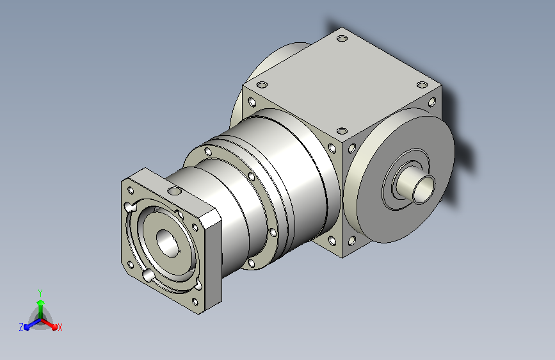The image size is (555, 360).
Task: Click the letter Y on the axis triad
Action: pos(40,293)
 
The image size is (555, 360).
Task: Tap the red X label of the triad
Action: pos(60,327)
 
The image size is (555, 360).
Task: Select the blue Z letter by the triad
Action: pos(21,327)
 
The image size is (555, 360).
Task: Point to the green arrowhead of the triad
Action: pos(41,302)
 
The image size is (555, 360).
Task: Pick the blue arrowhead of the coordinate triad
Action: pos(27,327)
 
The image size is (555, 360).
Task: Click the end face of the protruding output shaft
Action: pos(424,189)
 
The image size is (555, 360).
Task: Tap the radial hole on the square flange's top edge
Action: pos(174,192)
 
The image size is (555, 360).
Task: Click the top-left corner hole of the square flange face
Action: pos(131,191)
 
